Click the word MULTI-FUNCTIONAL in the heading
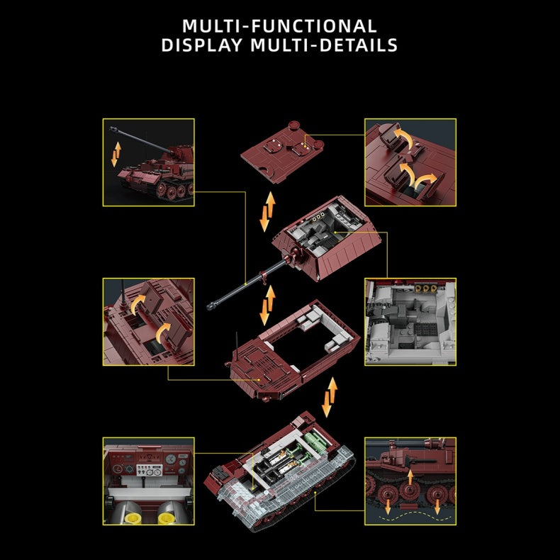[x=279, y=26]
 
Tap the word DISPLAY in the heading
[x=202, y=45]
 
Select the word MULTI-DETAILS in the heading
[x=324, y=45]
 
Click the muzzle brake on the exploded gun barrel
[x=211, y=306]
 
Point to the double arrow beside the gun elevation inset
[x=116, y=155]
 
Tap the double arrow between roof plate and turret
[x=267, y=211]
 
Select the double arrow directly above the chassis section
[x=330, y=397]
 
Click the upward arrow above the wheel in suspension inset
[x=410, y=477]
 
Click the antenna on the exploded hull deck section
[x=237, y=345]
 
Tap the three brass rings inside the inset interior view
[x=426, y=289]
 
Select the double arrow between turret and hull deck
[x=267, y=306]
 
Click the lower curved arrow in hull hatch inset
[x=162, y=332]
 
